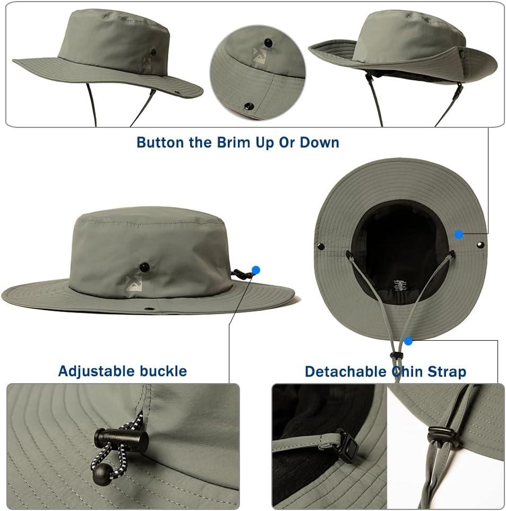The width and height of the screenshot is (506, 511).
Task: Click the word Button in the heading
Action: click(160, 143)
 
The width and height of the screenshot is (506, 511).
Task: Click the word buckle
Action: click(164, 371)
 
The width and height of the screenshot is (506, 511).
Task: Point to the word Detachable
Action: click(346, 372)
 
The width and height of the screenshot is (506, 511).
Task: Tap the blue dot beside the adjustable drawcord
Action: click(256, 270)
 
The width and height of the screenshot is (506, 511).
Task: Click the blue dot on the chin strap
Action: click(408, 341)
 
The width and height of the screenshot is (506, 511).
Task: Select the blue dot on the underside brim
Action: click(459, 234)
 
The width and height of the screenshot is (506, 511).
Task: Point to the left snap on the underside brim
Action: click(321, 246)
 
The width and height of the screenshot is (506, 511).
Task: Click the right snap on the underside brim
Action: click(480, 245)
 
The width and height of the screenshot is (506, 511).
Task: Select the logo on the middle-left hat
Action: click(134, 283)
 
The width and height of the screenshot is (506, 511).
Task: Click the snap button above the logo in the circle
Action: click(268, 42)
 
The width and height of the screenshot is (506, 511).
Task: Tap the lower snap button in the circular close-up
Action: click(249, 106)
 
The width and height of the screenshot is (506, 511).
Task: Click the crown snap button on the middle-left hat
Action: click(144, 267)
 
